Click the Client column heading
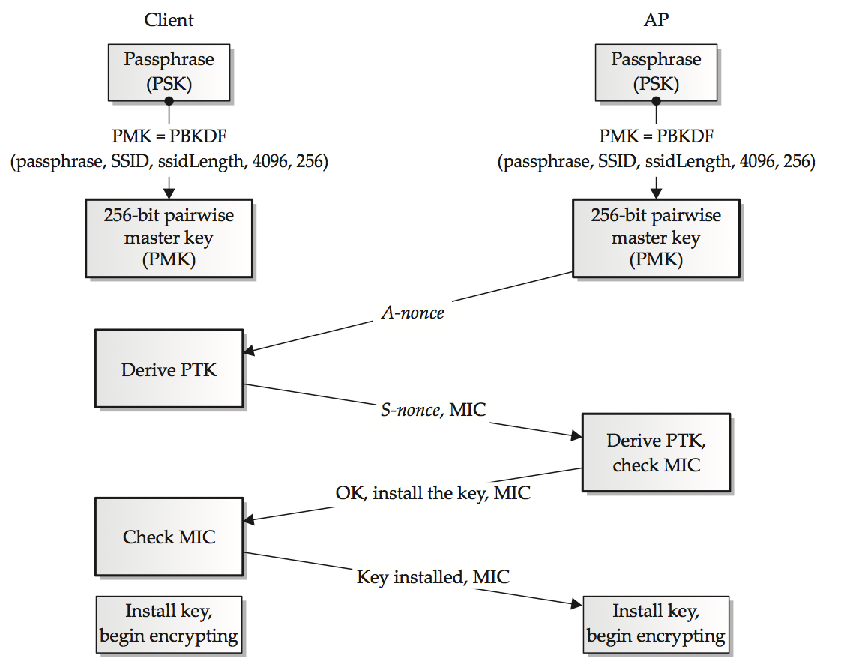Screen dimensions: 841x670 coord(169,19)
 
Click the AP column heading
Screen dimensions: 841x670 coord(656,19)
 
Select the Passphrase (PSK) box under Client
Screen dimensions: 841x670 coord(169,73)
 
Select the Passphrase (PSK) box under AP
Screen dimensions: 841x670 coord(656,73)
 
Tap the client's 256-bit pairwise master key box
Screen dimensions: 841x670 coord(169,238)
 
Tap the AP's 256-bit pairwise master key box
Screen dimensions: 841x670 coord(656,238)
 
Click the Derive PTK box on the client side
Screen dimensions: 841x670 coord(169,369)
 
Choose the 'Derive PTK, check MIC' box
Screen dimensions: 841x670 coord(656,452)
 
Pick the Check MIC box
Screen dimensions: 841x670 coord(169,537)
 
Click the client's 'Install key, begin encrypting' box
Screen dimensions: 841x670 coord(169,624)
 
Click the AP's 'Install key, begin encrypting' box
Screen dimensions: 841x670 coord(656,624)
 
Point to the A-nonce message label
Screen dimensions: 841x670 coord(412,313)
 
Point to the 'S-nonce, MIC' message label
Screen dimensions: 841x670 coord(433,410)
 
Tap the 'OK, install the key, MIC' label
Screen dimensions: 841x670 coord(432,493)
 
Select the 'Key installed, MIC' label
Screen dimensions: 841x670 coord(432,576)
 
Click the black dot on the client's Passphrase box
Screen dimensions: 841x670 coord(169,101)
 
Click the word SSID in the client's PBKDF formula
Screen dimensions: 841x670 coord(129,161)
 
